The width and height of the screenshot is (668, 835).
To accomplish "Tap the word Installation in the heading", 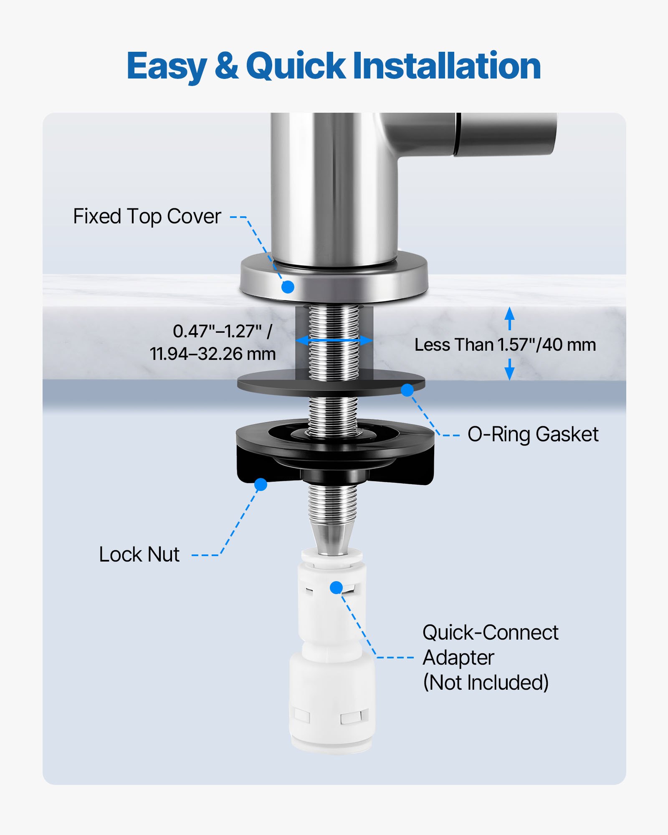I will (447, 66).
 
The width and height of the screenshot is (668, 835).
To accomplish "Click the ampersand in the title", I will (227, 66).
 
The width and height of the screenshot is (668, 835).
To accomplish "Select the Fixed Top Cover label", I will (147, 216).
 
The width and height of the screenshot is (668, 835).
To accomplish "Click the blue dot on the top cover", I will (288, 287).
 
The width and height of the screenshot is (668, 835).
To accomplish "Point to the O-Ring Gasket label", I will (533, 434).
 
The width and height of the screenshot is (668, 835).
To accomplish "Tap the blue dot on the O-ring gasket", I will (407, 390).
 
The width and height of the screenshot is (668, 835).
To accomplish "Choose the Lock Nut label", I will (139, 554).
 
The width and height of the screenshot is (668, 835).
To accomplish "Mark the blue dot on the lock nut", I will (261, 484).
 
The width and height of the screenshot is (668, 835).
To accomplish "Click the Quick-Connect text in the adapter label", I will (490, 633).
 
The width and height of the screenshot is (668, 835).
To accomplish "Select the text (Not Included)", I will (486, 683).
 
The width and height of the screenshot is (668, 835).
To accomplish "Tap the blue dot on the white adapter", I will (336, 587).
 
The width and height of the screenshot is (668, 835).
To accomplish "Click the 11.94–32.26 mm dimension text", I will (213, 354).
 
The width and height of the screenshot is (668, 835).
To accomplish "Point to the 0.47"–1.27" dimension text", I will (222, 331).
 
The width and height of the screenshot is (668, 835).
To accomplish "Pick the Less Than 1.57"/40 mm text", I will (505, 345).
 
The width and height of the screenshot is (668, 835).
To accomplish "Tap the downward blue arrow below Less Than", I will (509, 370).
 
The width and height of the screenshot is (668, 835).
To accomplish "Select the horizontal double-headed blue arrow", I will (334, 341).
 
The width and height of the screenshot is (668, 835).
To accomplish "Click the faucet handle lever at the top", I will (507, 134).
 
